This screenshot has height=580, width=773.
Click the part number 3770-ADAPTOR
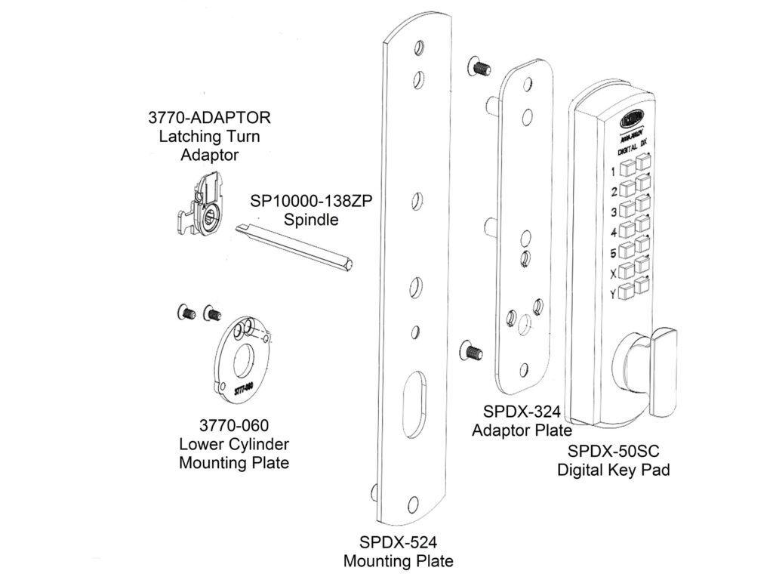209,119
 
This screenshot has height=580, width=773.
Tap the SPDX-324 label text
521,412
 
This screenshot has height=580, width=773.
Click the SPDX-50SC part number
613,451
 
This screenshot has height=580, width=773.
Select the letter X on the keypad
612,273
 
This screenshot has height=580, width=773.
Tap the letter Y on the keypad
612,293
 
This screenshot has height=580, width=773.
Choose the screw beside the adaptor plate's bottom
470,350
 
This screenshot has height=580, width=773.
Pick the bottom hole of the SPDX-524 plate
411,504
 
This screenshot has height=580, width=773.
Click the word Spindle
310,220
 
